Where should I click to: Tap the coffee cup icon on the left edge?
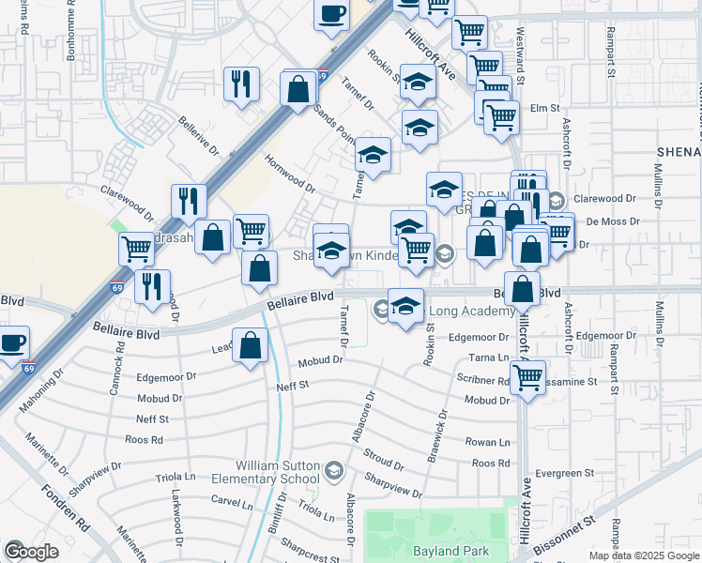pos(12,342)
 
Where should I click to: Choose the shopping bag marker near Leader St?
pos(251,345)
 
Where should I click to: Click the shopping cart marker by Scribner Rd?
pos(528,377)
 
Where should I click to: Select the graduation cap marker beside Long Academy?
pos(405,307)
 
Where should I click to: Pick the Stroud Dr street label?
pos(386,462)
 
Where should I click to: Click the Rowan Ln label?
pos(491,442)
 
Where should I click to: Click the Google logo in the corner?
pos(31,551)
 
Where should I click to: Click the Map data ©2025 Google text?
pos(644,555)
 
